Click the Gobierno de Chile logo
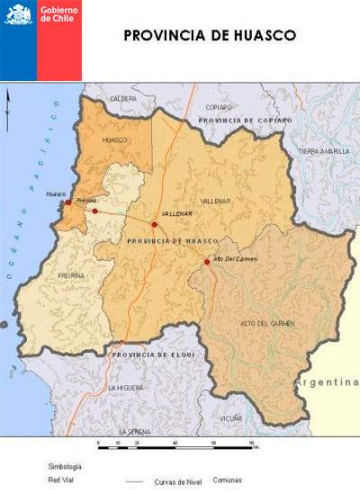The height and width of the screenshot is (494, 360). tap(40, 40)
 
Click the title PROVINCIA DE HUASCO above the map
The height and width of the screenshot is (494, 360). tap(210, 36)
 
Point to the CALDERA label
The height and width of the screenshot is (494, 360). tap(123, 98)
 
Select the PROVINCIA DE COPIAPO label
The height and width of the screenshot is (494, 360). tap(246, 120)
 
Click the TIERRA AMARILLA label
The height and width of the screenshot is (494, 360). tap(324, 151)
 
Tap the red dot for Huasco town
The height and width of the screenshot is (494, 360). tap(68, 202)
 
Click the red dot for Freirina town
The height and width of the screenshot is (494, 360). tap(94, 211)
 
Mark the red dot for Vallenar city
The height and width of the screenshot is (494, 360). tap(155, 224)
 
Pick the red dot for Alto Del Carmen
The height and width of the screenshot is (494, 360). tap(207, 262)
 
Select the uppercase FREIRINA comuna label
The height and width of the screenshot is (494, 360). tap(71, 276)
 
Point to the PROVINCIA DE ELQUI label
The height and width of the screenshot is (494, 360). tap(151, 355)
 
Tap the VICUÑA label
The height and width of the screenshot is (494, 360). tap(231, 418)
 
